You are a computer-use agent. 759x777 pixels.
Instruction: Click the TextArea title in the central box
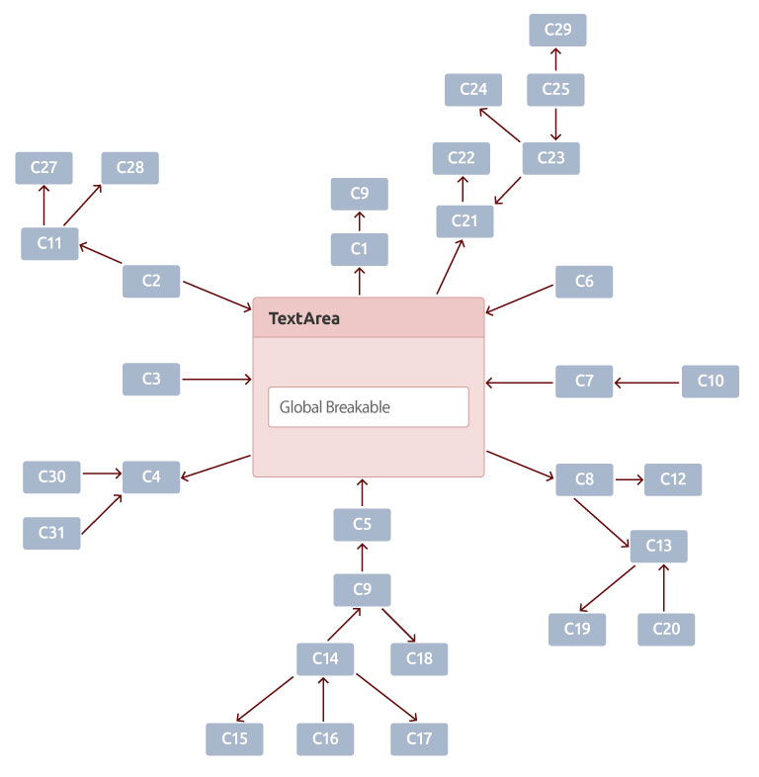303,318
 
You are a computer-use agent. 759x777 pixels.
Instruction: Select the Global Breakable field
368,407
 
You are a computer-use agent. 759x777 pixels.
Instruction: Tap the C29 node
557,30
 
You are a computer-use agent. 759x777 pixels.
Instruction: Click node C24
473,90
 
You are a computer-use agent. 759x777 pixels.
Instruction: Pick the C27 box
43,168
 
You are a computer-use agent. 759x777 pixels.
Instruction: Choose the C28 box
129,168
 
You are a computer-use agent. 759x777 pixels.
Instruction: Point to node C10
710,381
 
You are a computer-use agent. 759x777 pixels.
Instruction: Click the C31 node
51,533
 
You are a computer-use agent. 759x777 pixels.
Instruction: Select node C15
234,738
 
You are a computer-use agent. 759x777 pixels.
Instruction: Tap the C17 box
419,738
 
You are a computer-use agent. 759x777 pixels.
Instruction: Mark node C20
666,630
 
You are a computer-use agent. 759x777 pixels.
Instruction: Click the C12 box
673,479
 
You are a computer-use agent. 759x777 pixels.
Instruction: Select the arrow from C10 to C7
646,383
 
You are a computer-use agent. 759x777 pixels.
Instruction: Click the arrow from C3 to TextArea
216,380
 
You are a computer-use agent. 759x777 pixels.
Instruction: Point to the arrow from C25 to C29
555,59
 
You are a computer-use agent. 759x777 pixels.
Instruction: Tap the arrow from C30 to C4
102,474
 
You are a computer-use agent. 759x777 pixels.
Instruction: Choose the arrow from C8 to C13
602,523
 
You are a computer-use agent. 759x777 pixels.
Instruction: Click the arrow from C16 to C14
323,699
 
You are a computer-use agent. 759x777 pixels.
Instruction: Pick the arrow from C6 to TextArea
519,300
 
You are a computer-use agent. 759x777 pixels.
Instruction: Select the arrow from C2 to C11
101,253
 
